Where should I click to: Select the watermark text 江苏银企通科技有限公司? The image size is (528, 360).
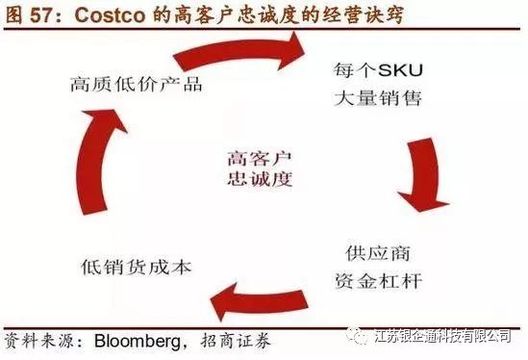(x=440, y=335)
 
